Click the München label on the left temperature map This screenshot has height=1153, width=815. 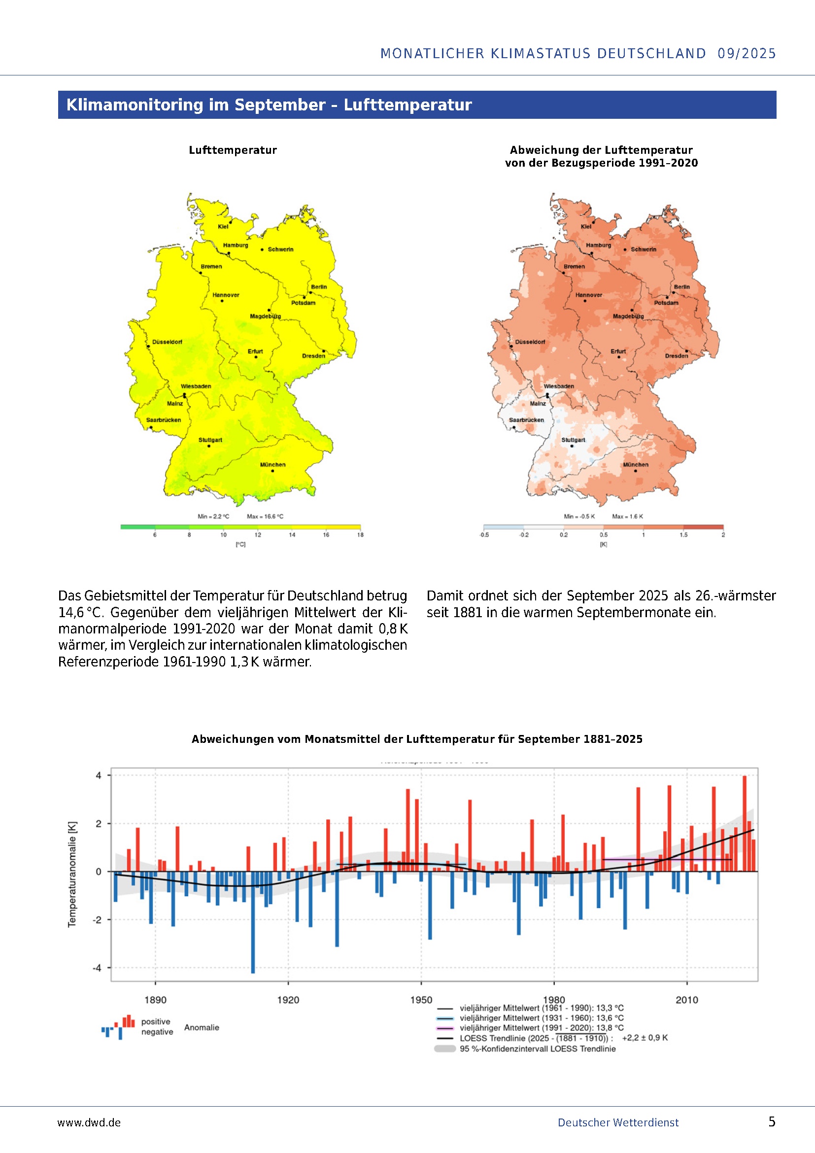(272, 464)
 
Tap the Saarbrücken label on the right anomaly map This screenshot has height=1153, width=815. (526, 420)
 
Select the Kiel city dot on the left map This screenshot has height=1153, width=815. (231, 221)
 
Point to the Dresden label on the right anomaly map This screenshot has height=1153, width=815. (677, 355)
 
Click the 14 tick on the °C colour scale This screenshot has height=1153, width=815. (292, 535)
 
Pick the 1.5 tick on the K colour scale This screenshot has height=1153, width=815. (683, 535)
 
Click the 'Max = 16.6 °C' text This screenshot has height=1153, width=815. (265, 516)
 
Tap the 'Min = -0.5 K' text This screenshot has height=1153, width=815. (579, 516)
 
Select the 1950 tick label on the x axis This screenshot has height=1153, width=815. (420, 1000)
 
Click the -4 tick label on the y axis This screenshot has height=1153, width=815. (98, 968)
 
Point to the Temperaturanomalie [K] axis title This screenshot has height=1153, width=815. (72, 874)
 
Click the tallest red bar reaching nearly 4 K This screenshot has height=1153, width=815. (744, 824)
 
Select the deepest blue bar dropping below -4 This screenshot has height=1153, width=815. (253, 922)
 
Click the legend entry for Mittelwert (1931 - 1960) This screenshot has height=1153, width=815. (542, 1018)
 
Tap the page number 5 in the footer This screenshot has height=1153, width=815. (772, 1122)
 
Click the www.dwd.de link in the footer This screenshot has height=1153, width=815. (89, 1123)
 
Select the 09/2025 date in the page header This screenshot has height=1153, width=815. (746, 53)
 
